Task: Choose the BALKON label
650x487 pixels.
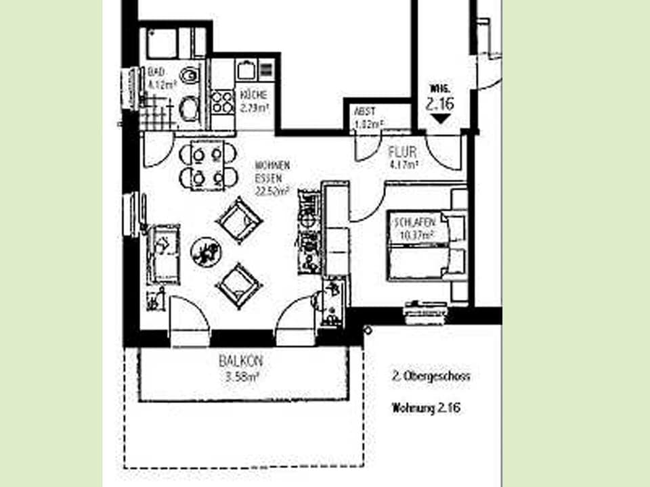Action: click(x=241, y=361)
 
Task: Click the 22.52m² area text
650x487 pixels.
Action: click(x=272, y=191)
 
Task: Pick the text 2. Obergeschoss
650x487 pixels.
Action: click(x=431, y=376)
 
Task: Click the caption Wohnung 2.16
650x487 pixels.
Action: click(x=426, y=408)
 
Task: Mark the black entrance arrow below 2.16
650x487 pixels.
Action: click(x=440, y=120)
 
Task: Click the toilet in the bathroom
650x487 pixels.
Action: click(x=190, y=75)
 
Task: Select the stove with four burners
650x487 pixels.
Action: click(x=222, y=101)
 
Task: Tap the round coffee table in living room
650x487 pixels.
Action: click(x=206, y=252)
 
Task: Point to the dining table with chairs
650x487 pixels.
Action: click(x=208, y=165)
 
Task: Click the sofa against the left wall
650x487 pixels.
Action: click(x=163, y=254)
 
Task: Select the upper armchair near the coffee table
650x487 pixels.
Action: click(x=239, y=219)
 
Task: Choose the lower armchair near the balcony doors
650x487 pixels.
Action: click(x=239, y=284)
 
